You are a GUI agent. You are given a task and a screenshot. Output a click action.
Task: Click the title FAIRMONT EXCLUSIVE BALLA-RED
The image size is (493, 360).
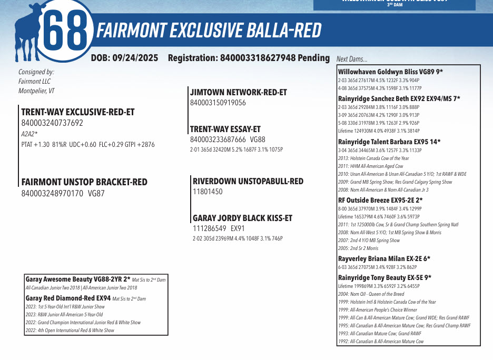(x=208, y=31)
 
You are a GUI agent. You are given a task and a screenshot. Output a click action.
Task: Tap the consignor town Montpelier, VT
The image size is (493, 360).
(x=36, y=91)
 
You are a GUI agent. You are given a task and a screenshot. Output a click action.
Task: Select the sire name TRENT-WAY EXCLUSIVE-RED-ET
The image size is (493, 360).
(x=77, y=112)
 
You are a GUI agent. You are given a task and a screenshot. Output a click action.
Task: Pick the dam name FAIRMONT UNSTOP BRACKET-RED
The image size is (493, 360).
(x=84, y=182)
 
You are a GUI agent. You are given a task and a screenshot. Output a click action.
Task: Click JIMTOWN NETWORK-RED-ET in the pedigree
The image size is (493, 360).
(x=238, y=92)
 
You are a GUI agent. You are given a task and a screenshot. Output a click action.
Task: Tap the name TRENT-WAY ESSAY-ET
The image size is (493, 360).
(x=225, y=129)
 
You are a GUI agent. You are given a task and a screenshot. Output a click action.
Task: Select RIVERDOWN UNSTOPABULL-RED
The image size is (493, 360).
(x=248, y=181)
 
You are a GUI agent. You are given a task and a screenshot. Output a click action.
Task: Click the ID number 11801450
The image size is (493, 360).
(x=208, y=192)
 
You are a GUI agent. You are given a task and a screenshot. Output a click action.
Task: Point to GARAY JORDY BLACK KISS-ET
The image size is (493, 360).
(x=242, y=218)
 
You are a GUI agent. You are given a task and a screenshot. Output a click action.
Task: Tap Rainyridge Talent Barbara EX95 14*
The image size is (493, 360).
(x=389, y=142)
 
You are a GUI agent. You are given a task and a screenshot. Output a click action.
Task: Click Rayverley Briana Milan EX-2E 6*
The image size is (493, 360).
(x=384, y=258)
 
